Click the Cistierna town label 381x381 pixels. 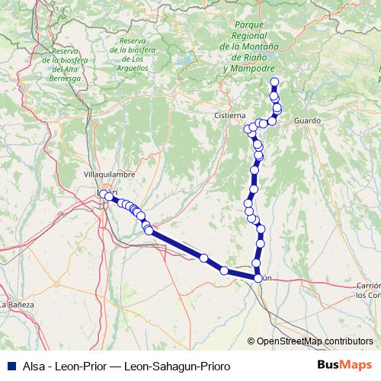pos(229,116)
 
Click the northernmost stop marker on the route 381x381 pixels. pos(274,82)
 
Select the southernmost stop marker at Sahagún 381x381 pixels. pos(258,279)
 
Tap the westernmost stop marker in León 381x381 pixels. pos(103,194)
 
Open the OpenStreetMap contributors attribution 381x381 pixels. pos(312,341)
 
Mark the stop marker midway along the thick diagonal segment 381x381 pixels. pos(203,258)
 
